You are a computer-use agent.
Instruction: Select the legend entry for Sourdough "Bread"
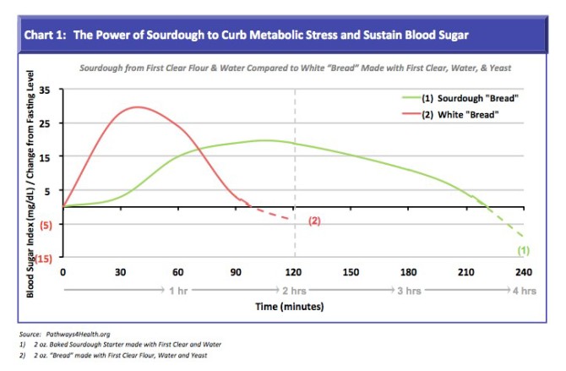point(470,98)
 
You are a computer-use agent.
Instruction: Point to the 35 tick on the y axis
point(45,90)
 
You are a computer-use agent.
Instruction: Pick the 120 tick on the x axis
point(294,272)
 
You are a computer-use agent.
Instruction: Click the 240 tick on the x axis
point(524,272)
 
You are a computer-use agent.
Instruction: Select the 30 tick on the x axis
point(121,272)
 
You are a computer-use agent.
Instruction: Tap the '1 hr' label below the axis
point(178,291)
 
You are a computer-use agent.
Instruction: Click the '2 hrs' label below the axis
point(294,291)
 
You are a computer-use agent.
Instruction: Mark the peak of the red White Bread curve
point(137,107)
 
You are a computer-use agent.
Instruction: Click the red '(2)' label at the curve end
point(314,221)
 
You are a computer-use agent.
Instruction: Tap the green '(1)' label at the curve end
point(523,250)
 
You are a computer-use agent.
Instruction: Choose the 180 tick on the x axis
point(409,272)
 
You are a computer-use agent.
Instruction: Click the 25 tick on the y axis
point(45,123)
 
